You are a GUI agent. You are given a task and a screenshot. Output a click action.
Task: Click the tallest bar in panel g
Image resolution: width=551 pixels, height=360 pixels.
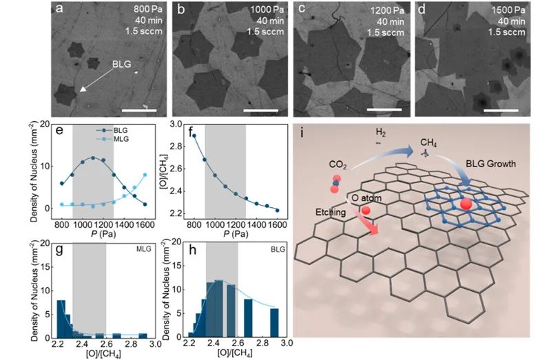[61, 319]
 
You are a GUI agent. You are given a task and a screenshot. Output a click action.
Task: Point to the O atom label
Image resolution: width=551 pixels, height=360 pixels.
[364, 198]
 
